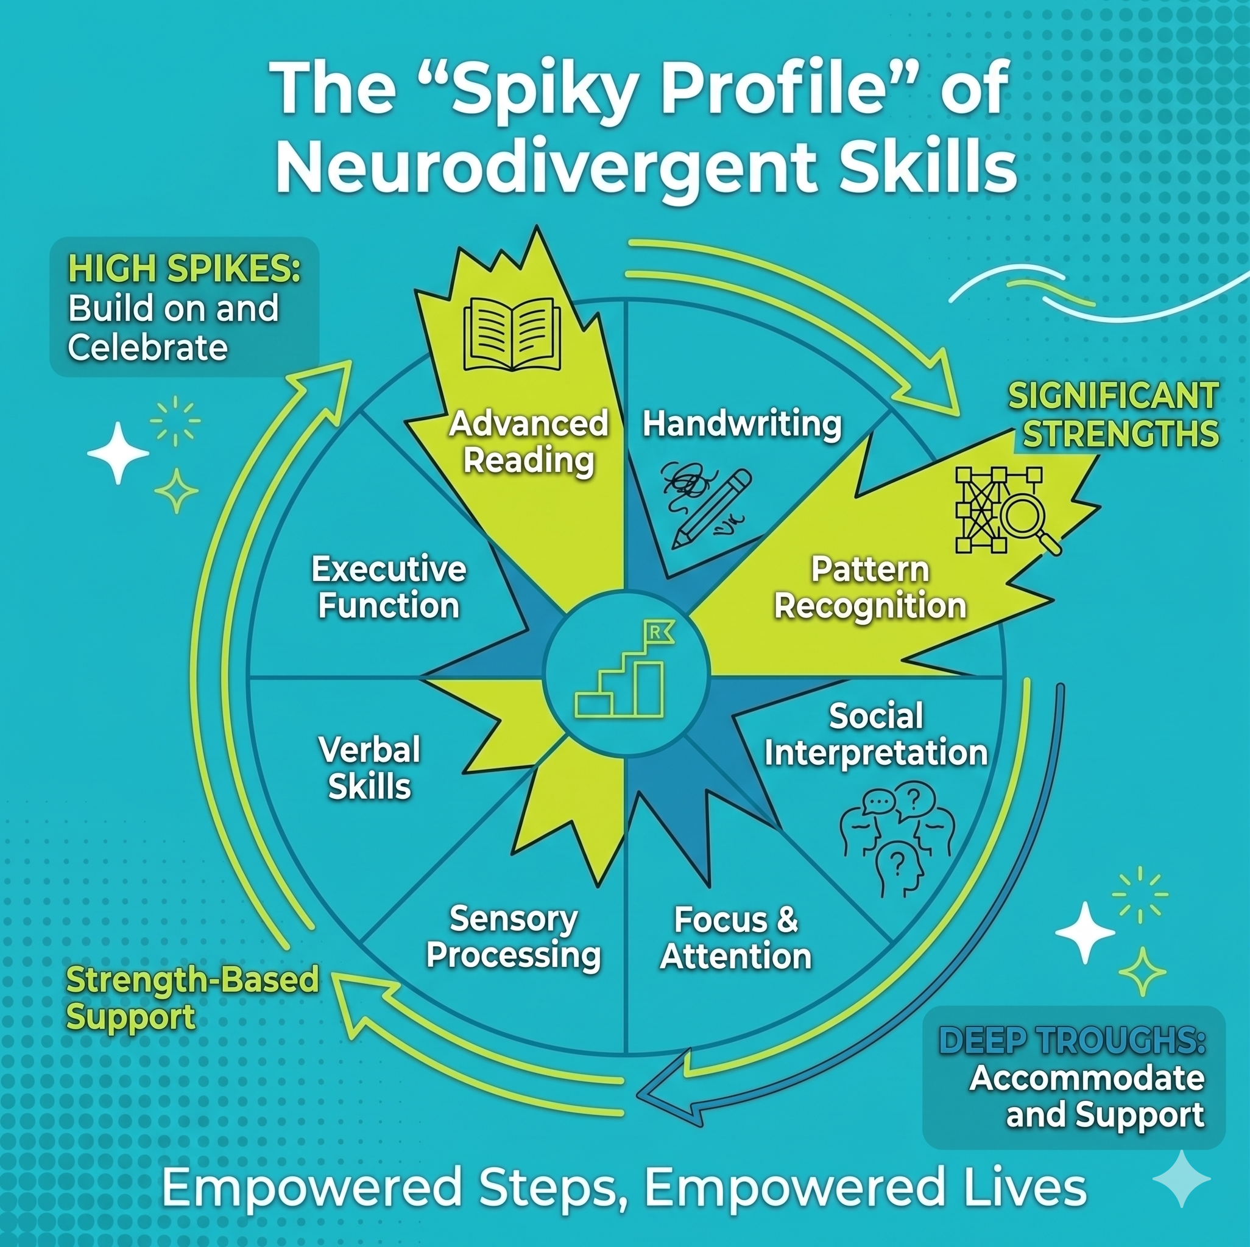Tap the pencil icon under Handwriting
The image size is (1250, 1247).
coord(712,509)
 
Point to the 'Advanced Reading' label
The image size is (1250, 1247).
coord(529,443)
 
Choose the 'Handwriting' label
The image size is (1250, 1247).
coord(742,425)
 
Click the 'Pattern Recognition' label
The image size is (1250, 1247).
coord(870,588)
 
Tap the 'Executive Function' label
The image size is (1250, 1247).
coord(389,588)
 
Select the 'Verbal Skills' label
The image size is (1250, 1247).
coord(369,768)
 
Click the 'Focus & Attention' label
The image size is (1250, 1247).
coord(736,938)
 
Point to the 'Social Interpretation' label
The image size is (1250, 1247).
coord(876,735)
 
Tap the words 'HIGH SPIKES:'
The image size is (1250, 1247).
coord(185,269)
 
